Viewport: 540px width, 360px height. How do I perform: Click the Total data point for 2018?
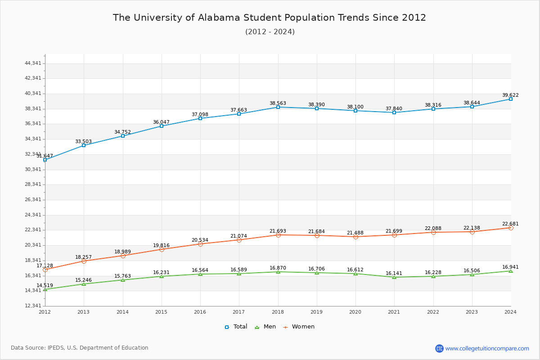click(x=278, y=107)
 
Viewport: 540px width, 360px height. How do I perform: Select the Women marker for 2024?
click(x=511, y=228)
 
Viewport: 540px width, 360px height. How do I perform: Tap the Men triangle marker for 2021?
click(x=394, y=277)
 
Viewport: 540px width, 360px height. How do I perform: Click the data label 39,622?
click(x=510, y=95)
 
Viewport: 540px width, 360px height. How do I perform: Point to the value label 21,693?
click(x=278, y=231)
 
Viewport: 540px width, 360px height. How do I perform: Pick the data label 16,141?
click(x=394, y=273)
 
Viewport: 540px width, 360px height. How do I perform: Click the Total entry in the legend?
click(x=236, y=327)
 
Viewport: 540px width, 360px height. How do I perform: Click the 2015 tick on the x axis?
click(x=161, y=311)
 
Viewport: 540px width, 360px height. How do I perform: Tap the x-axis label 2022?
click(x=433, y=311)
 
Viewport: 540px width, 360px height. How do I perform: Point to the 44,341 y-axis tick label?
click(x=33, y=63)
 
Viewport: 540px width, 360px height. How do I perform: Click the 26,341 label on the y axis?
click(x=33, y=199)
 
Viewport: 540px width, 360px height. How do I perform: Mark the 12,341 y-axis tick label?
click(x=33, y=306)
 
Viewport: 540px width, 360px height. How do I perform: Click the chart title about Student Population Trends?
click(x=269, y=18)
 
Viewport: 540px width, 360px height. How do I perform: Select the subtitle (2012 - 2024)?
click(x=270, y=31)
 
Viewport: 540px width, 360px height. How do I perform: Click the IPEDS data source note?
click(x=80, y=348)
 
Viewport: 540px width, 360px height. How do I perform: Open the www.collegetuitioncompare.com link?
click(x=487, y=348)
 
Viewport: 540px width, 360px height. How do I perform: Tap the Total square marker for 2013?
click(x=84, y=145)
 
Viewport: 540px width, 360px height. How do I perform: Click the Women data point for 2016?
click(x=200, y=244)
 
